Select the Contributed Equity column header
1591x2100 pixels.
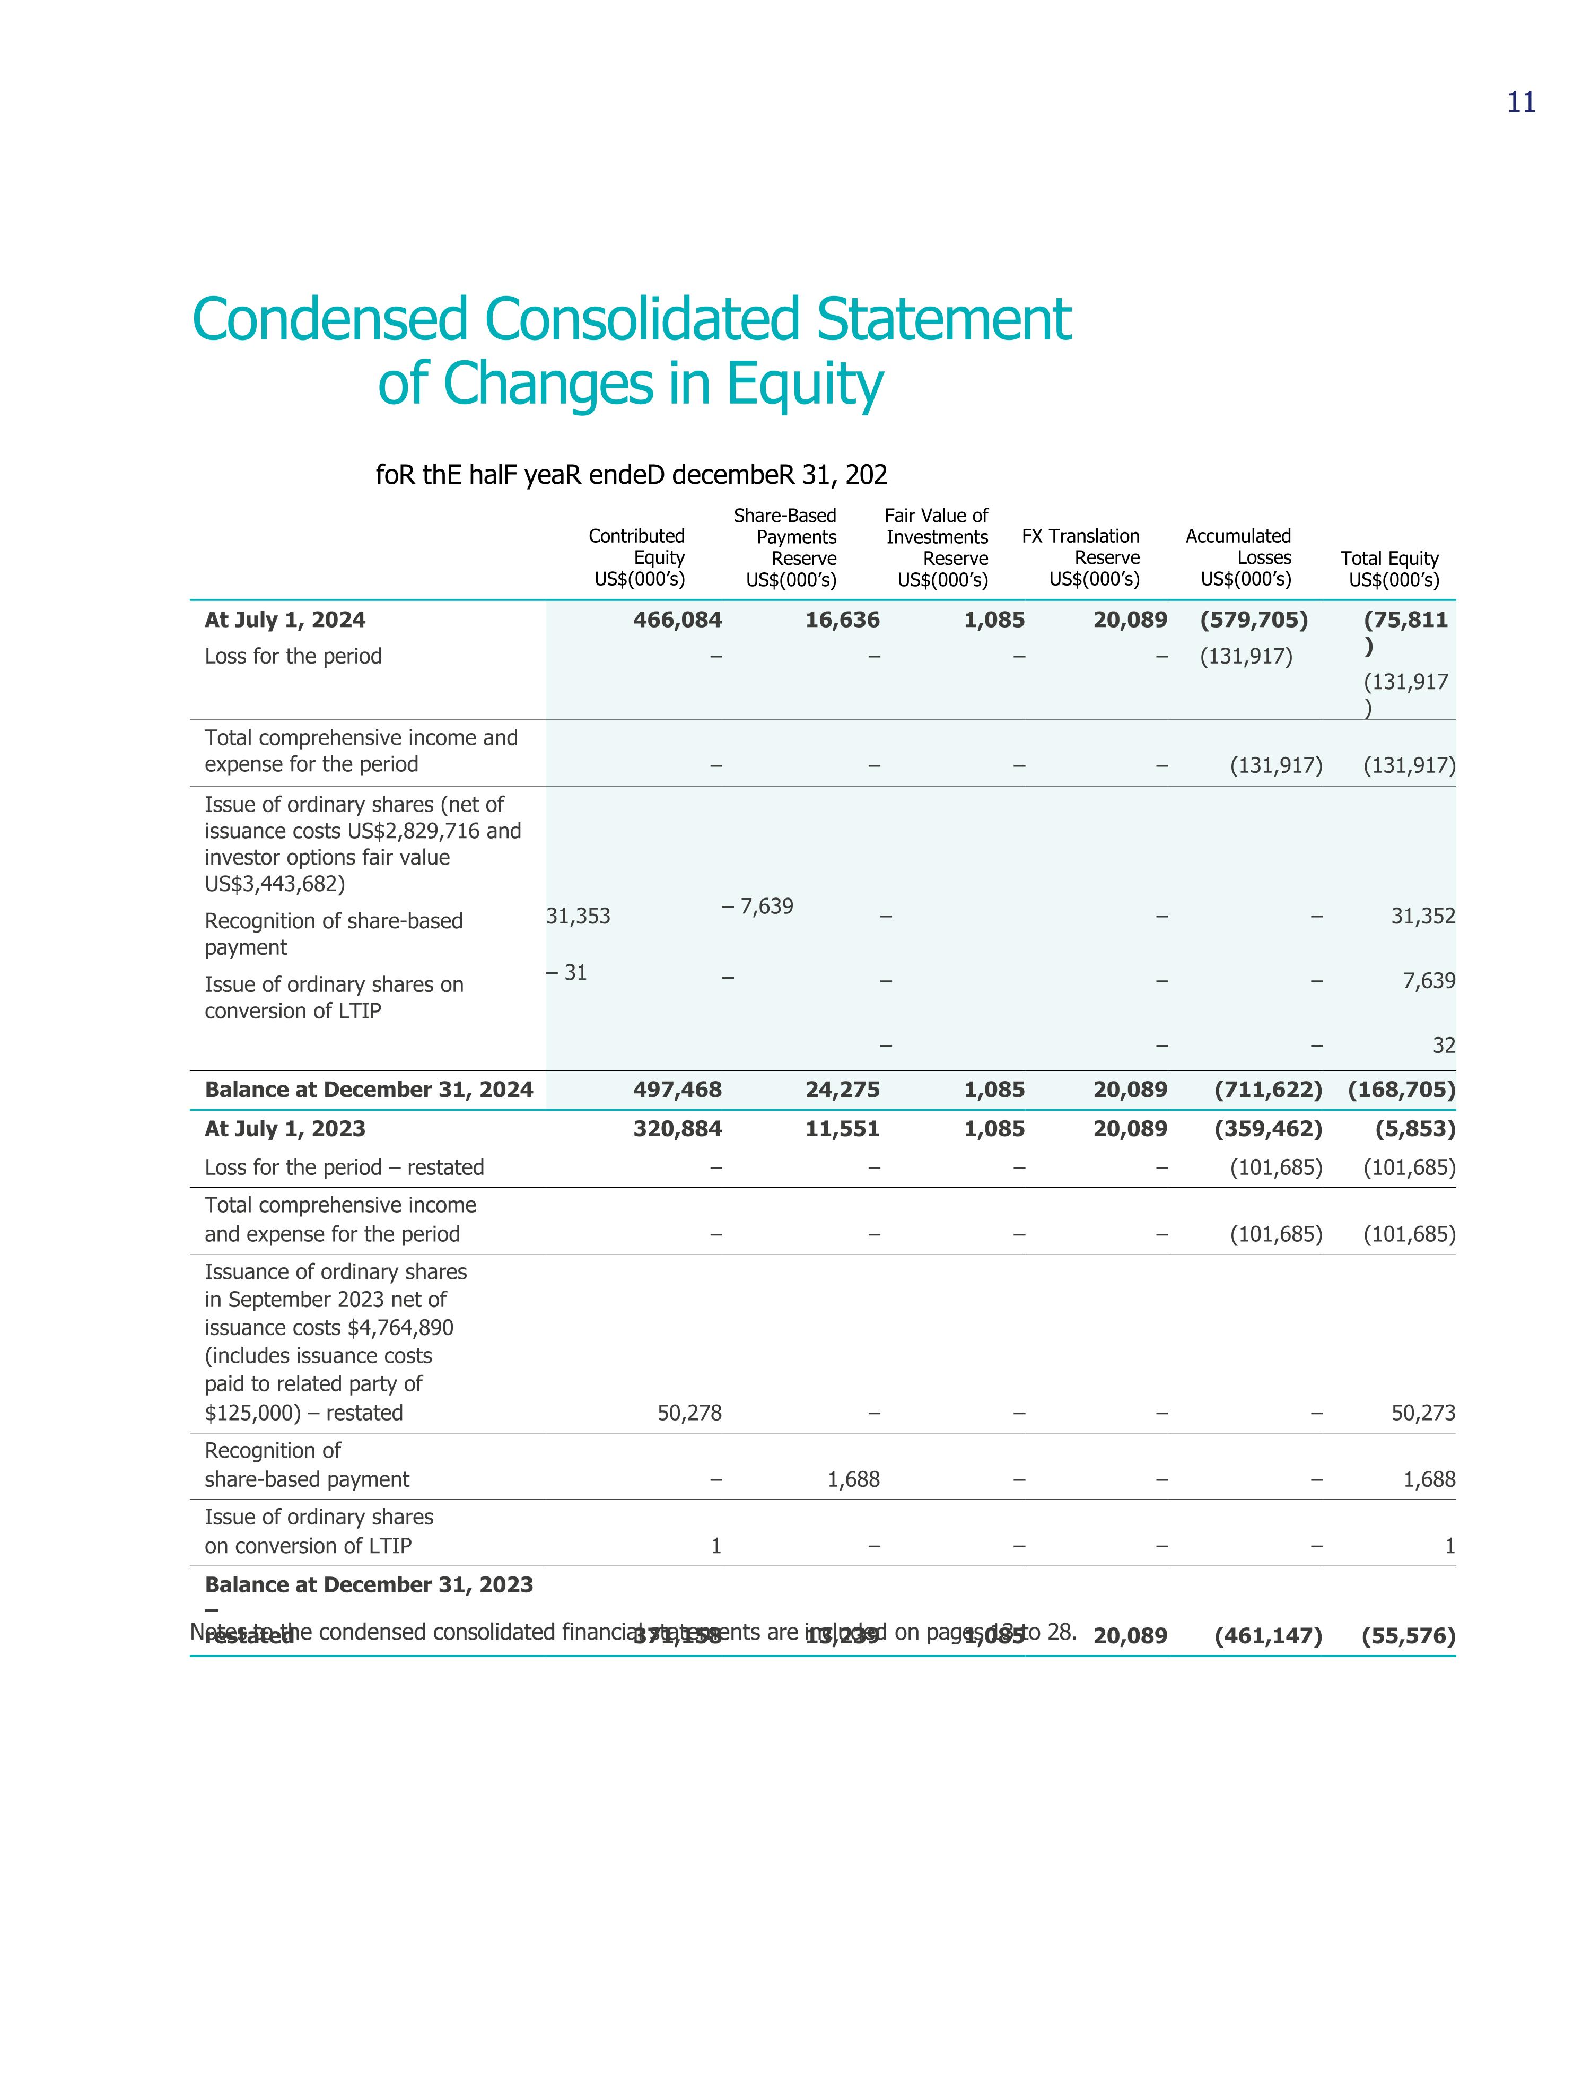coord(637,557)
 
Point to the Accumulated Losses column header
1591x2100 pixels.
coord(1239,557)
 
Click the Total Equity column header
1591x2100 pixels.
coord(1390,569)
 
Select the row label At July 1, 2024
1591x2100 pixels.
coord(285,620)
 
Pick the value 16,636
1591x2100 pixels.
coord(842,620)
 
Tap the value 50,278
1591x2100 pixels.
coord(689,1413)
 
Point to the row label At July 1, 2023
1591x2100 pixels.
coord(285,1129)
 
